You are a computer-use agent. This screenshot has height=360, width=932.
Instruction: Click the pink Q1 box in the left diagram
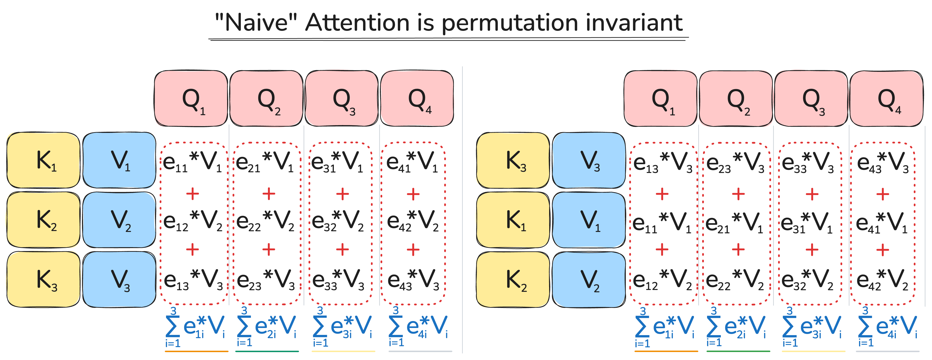point(191,98)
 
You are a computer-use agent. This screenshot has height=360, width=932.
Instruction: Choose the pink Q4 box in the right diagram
point(886,98)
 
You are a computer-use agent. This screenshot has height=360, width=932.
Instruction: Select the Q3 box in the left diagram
point(341,98)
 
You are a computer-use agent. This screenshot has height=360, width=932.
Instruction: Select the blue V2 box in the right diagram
point(589,279)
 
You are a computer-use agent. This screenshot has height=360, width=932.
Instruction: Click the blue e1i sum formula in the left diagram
point(195,328)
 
